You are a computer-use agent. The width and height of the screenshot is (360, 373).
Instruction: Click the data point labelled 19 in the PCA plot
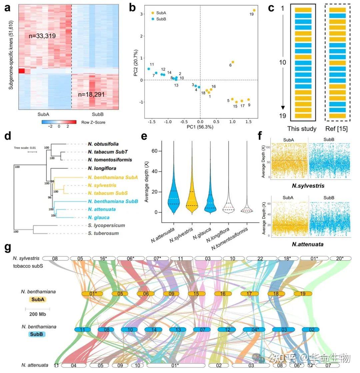point(254,10)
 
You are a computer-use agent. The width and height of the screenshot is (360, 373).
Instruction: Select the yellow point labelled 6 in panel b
point(233,62)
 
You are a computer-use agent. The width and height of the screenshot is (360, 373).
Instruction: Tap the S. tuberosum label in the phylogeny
point(103,233)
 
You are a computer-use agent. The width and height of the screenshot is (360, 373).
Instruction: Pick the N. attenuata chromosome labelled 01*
point(176,365)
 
